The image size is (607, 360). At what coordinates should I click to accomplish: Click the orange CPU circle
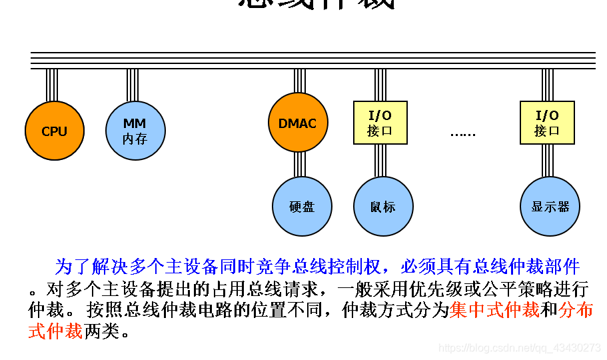[55, 131]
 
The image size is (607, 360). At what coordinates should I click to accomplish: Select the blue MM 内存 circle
[135, 131]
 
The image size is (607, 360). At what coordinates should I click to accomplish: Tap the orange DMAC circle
[298, 123]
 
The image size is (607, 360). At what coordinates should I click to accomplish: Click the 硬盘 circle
[302, 207]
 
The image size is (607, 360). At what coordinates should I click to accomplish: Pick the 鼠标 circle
[382, 207]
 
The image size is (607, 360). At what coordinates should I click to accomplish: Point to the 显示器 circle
[550, 207]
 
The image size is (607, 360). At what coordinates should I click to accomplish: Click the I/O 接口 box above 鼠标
[380, 123]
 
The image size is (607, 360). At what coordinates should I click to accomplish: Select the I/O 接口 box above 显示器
[547, 123]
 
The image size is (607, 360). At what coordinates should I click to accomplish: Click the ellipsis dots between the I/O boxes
[462, 133]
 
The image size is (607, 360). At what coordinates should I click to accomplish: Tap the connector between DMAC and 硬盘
[300, 165]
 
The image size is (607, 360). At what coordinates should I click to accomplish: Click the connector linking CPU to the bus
[52, 85]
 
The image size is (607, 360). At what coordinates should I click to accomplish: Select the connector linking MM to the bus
[133, 85]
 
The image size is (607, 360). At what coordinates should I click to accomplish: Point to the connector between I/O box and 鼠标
[380, 161]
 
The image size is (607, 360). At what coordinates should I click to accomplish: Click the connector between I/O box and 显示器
[548, 161]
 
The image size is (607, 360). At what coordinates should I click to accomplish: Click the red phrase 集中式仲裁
[494, 310]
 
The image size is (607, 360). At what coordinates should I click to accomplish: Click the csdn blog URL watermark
[520, 348]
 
